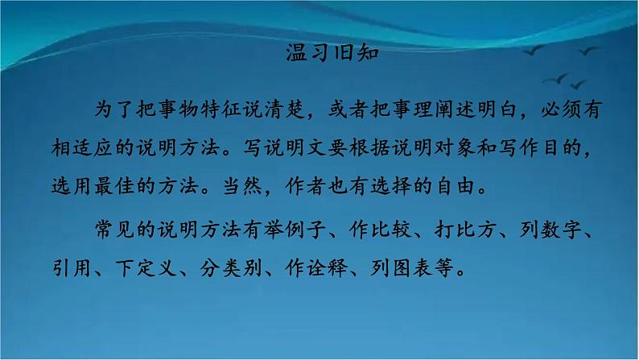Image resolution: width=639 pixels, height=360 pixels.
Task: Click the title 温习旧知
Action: [319, 54]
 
